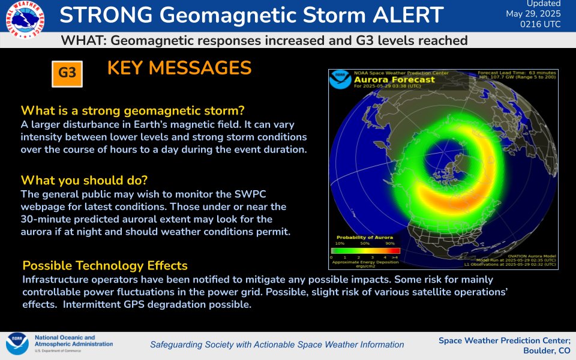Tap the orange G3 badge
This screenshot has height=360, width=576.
67,73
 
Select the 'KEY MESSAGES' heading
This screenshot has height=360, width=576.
179,68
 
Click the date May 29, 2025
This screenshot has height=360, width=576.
534,13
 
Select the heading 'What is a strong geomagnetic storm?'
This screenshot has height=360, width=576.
133,111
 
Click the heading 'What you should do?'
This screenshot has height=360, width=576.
84,180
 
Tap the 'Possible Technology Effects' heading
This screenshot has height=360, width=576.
105,265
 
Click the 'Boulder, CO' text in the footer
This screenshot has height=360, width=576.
547,350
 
